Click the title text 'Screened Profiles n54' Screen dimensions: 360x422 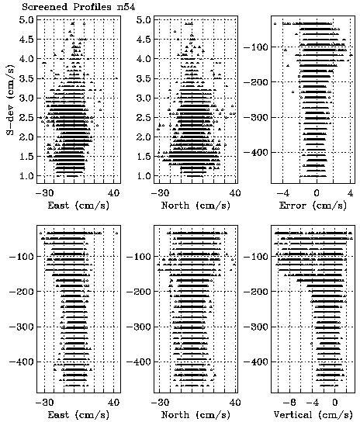point(78,7)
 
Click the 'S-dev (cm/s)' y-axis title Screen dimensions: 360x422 point(10,99)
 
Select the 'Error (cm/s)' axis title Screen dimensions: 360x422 point(313,206)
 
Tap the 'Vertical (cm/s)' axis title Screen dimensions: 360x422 point(313,415)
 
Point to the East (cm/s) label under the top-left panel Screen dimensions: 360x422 point(78,206)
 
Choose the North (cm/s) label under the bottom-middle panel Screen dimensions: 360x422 point(196,415)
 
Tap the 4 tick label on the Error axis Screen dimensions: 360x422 point(350,193)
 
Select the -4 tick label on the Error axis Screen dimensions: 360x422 point(283,193)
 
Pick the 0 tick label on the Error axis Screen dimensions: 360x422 point(317,193)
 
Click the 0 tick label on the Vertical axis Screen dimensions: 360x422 point(334,403)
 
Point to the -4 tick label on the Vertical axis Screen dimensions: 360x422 point(313,403)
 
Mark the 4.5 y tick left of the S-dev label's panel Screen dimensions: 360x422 point(26,40)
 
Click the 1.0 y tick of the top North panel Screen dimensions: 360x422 point(144,176)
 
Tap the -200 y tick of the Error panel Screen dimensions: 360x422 point(256,82)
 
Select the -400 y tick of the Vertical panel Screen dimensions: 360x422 point(256,361)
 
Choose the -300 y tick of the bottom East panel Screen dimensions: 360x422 point(22,327)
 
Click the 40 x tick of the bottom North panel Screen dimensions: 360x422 point(235,403)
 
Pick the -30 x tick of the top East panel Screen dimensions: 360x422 point(45,193)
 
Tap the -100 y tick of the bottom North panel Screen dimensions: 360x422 point(139,257)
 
